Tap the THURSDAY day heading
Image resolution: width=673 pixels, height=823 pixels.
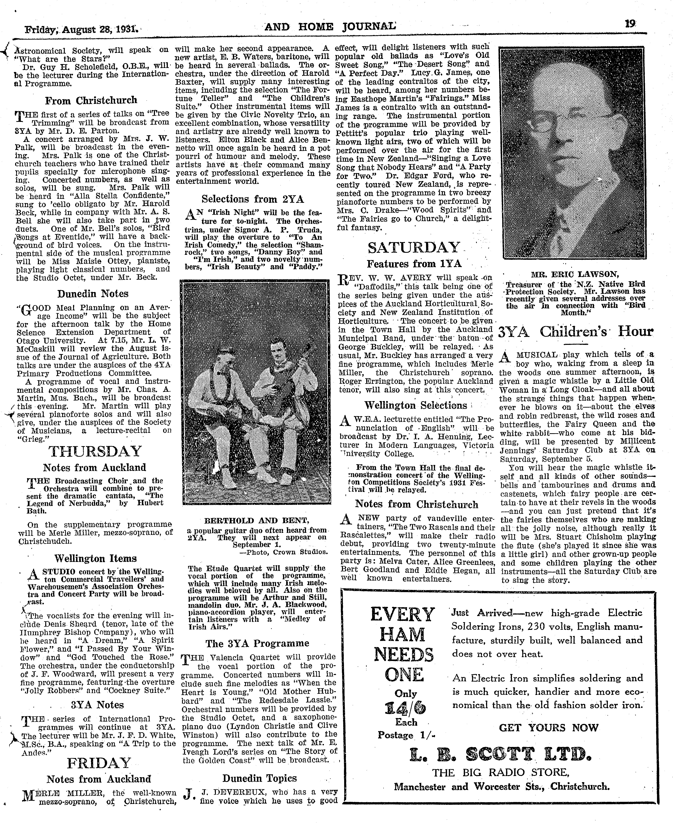pos(95,451)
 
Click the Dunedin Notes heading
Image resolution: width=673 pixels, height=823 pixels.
pos(93,294)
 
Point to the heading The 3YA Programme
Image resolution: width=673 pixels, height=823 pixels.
pos(257,643)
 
